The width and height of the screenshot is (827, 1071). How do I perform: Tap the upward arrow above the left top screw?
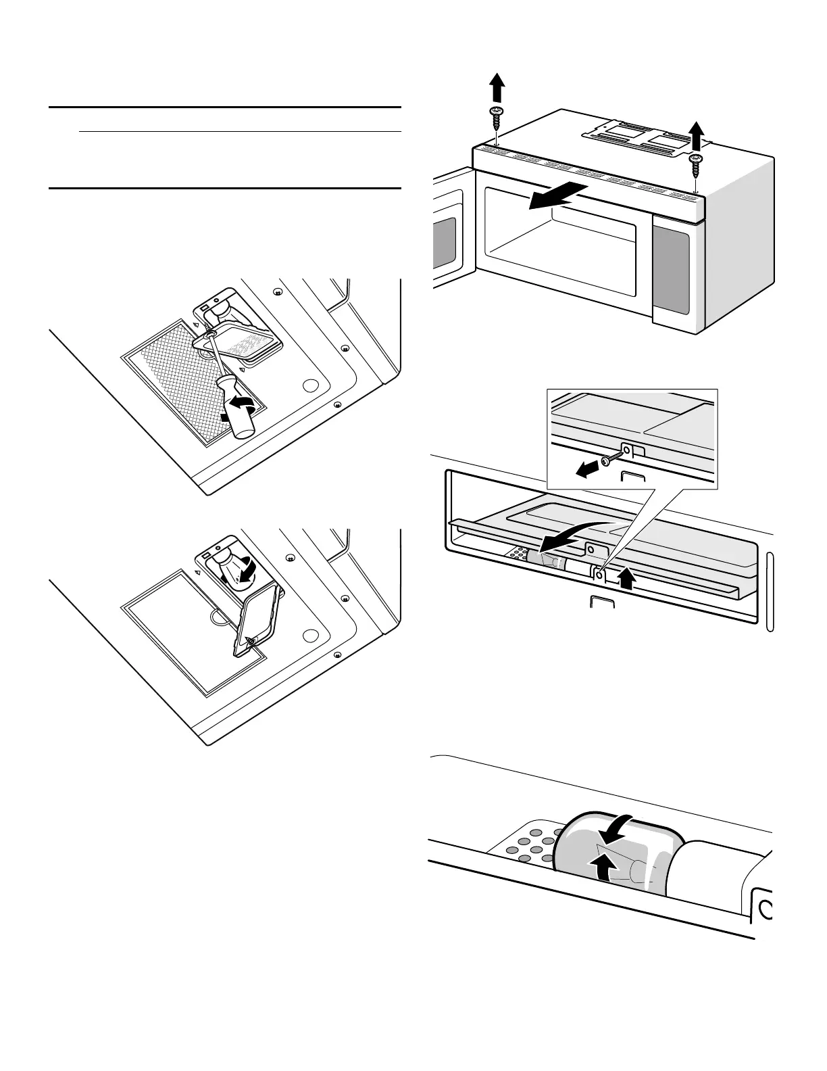coord(497,87)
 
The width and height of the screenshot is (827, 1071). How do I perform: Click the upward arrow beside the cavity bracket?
coord(628,578)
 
